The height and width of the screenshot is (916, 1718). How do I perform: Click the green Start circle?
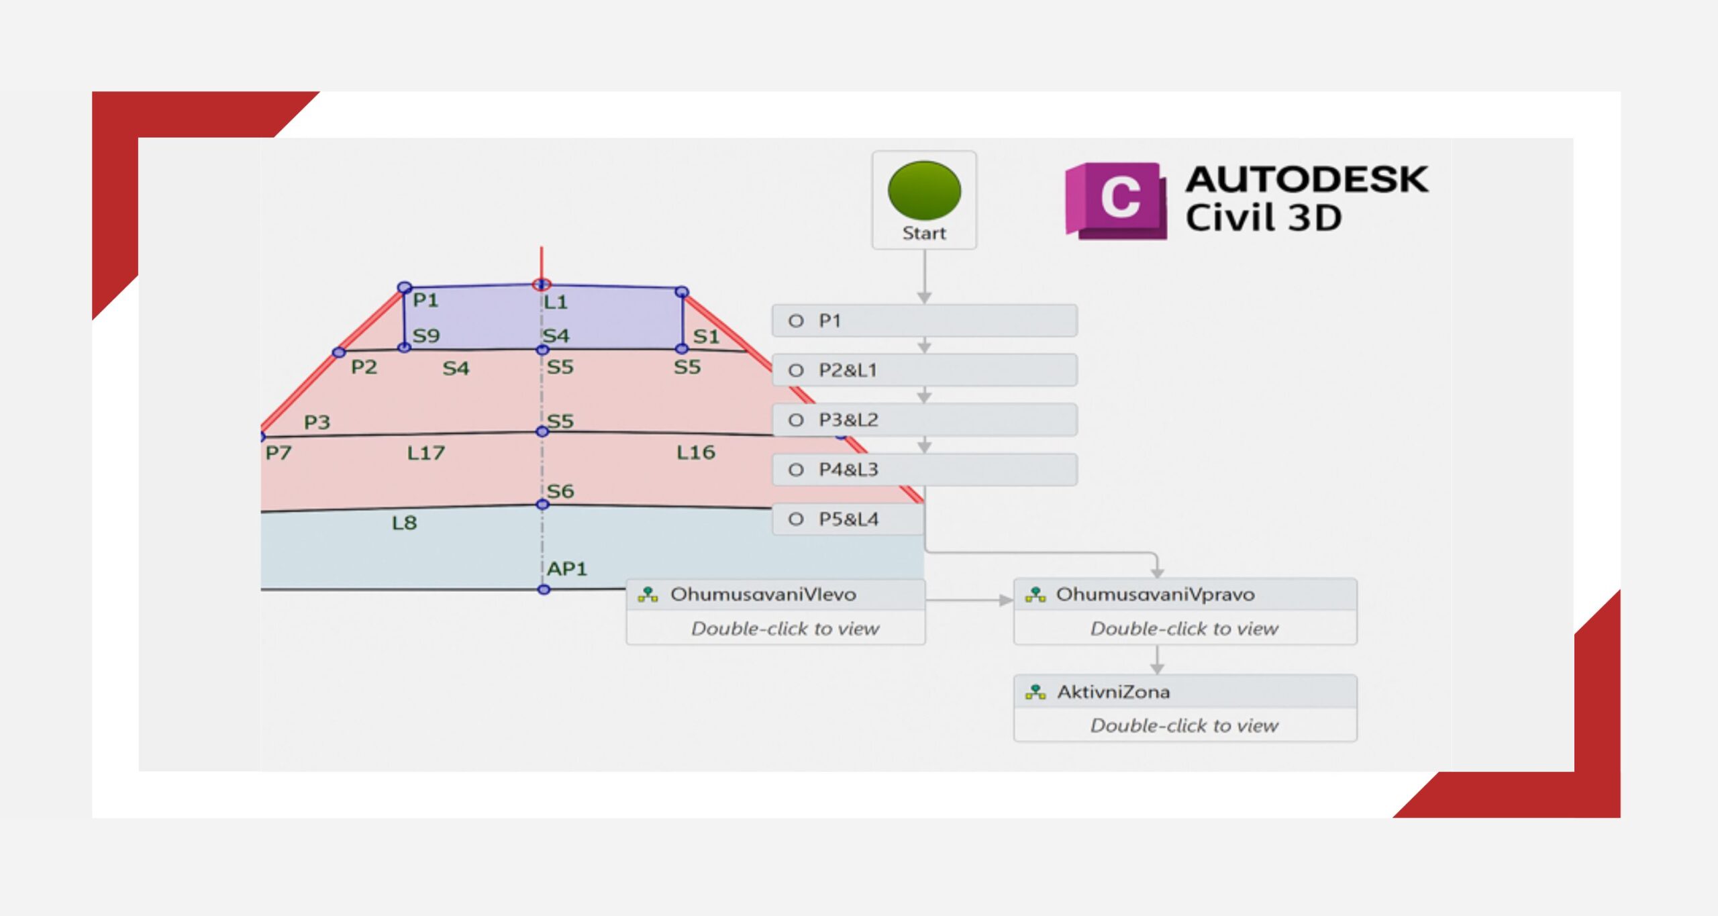pyautogui.click(x=924, y=190)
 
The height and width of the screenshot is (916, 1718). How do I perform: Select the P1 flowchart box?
pyautogui.click(x=925, y=321)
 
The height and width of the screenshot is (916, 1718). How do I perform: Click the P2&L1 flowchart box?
pyautogui.click(x=925, y=370)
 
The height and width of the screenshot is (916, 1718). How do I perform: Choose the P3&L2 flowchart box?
pyautogui.click(x=925, y=420)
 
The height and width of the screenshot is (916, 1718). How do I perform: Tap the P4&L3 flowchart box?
pyautogui.click(x=925, y=470)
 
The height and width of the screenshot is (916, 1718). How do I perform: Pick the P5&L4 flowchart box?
pyautogui.click(x=848, y=519)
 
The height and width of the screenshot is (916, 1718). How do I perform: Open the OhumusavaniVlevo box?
pyautogui.click(x=776, y=612)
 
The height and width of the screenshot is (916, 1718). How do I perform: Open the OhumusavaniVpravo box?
pyautogui.click(x=1185, y=611)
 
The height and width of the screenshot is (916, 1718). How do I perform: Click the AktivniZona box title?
pyautogui.click(x=1113, y=692)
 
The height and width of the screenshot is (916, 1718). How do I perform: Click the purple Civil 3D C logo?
pyautogui.click(x=1116, y=200)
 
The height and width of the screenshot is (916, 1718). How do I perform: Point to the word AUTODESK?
pyautogui.click(x=1307, y=180)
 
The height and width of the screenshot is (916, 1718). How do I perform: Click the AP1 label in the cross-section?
pyautogui.click(x=567, y=569)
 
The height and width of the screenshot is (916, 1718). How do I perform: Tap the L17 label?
pyautogui.click(x=426, y=453)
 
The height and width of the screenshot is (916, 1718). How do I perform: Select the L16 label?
pyautogui.click(x=696, y=452)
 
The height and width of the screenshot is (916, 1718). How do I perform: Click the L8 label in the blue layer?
pyautogui.click(x=405, y=523)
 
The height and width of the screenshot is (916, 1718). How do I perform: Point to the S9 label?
pyautogui.click(x=426, y=336)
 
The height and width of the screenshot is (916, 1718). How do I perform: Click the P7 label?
pyautogui.click(x=279, y=453)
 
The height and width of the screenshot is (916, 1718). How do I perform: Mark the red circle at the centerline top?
pyautogui.click(x=542, y=285)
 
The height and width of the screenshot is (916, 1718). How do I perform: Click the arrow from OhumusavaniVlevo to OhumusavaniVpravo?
pyautogui.click(x=970, y=600)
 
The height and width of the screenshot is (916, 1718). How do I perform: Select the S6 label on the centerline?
pyautogui.click(x=560, y=491)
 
